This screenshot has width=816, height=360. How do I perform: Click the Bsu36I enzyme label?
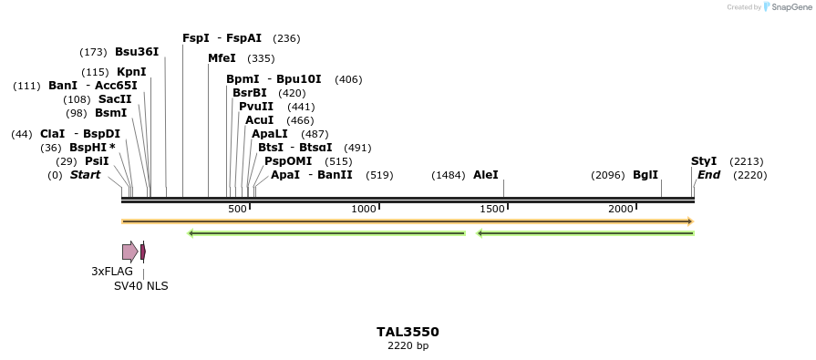point(137,52)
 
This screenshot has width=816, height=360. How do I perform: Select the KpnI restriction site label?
point(131,72)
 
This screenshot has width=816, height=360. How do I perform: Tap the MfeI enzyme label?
point(222,58)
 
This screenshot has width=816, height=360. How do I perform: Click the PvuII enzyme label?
point(256,107)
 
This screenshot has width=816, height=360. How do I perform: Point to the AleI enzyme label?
point(486,175)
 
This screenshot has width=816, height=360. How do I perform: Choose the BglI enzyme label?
point(646,175)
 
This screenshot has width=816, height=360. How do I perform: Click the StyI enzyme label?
point(704,161)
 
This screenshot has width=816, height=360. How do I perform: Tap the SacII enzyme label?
point(115,99)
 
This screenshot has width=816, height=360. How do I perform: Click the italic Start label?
point(85,175)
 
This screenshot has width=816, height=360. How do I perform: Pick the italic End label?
point(709,175)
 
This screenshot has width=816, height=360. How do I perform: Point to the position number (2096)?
point(608,175)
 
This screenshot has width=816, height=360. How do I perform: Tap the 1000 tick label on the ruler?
point(364,210)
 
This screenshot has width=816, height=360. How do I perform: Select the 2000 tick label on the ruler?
point(621,210)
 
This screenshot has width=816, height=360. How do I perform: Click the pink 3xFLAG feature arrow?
point(129,252)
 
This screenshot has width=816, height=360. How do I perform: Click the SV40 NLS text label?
point(140,286)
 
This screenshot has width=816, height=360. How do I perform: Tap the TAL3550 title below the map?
point(408,332)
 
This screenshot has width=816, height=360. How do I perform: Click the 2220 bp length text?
point(408,346)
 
